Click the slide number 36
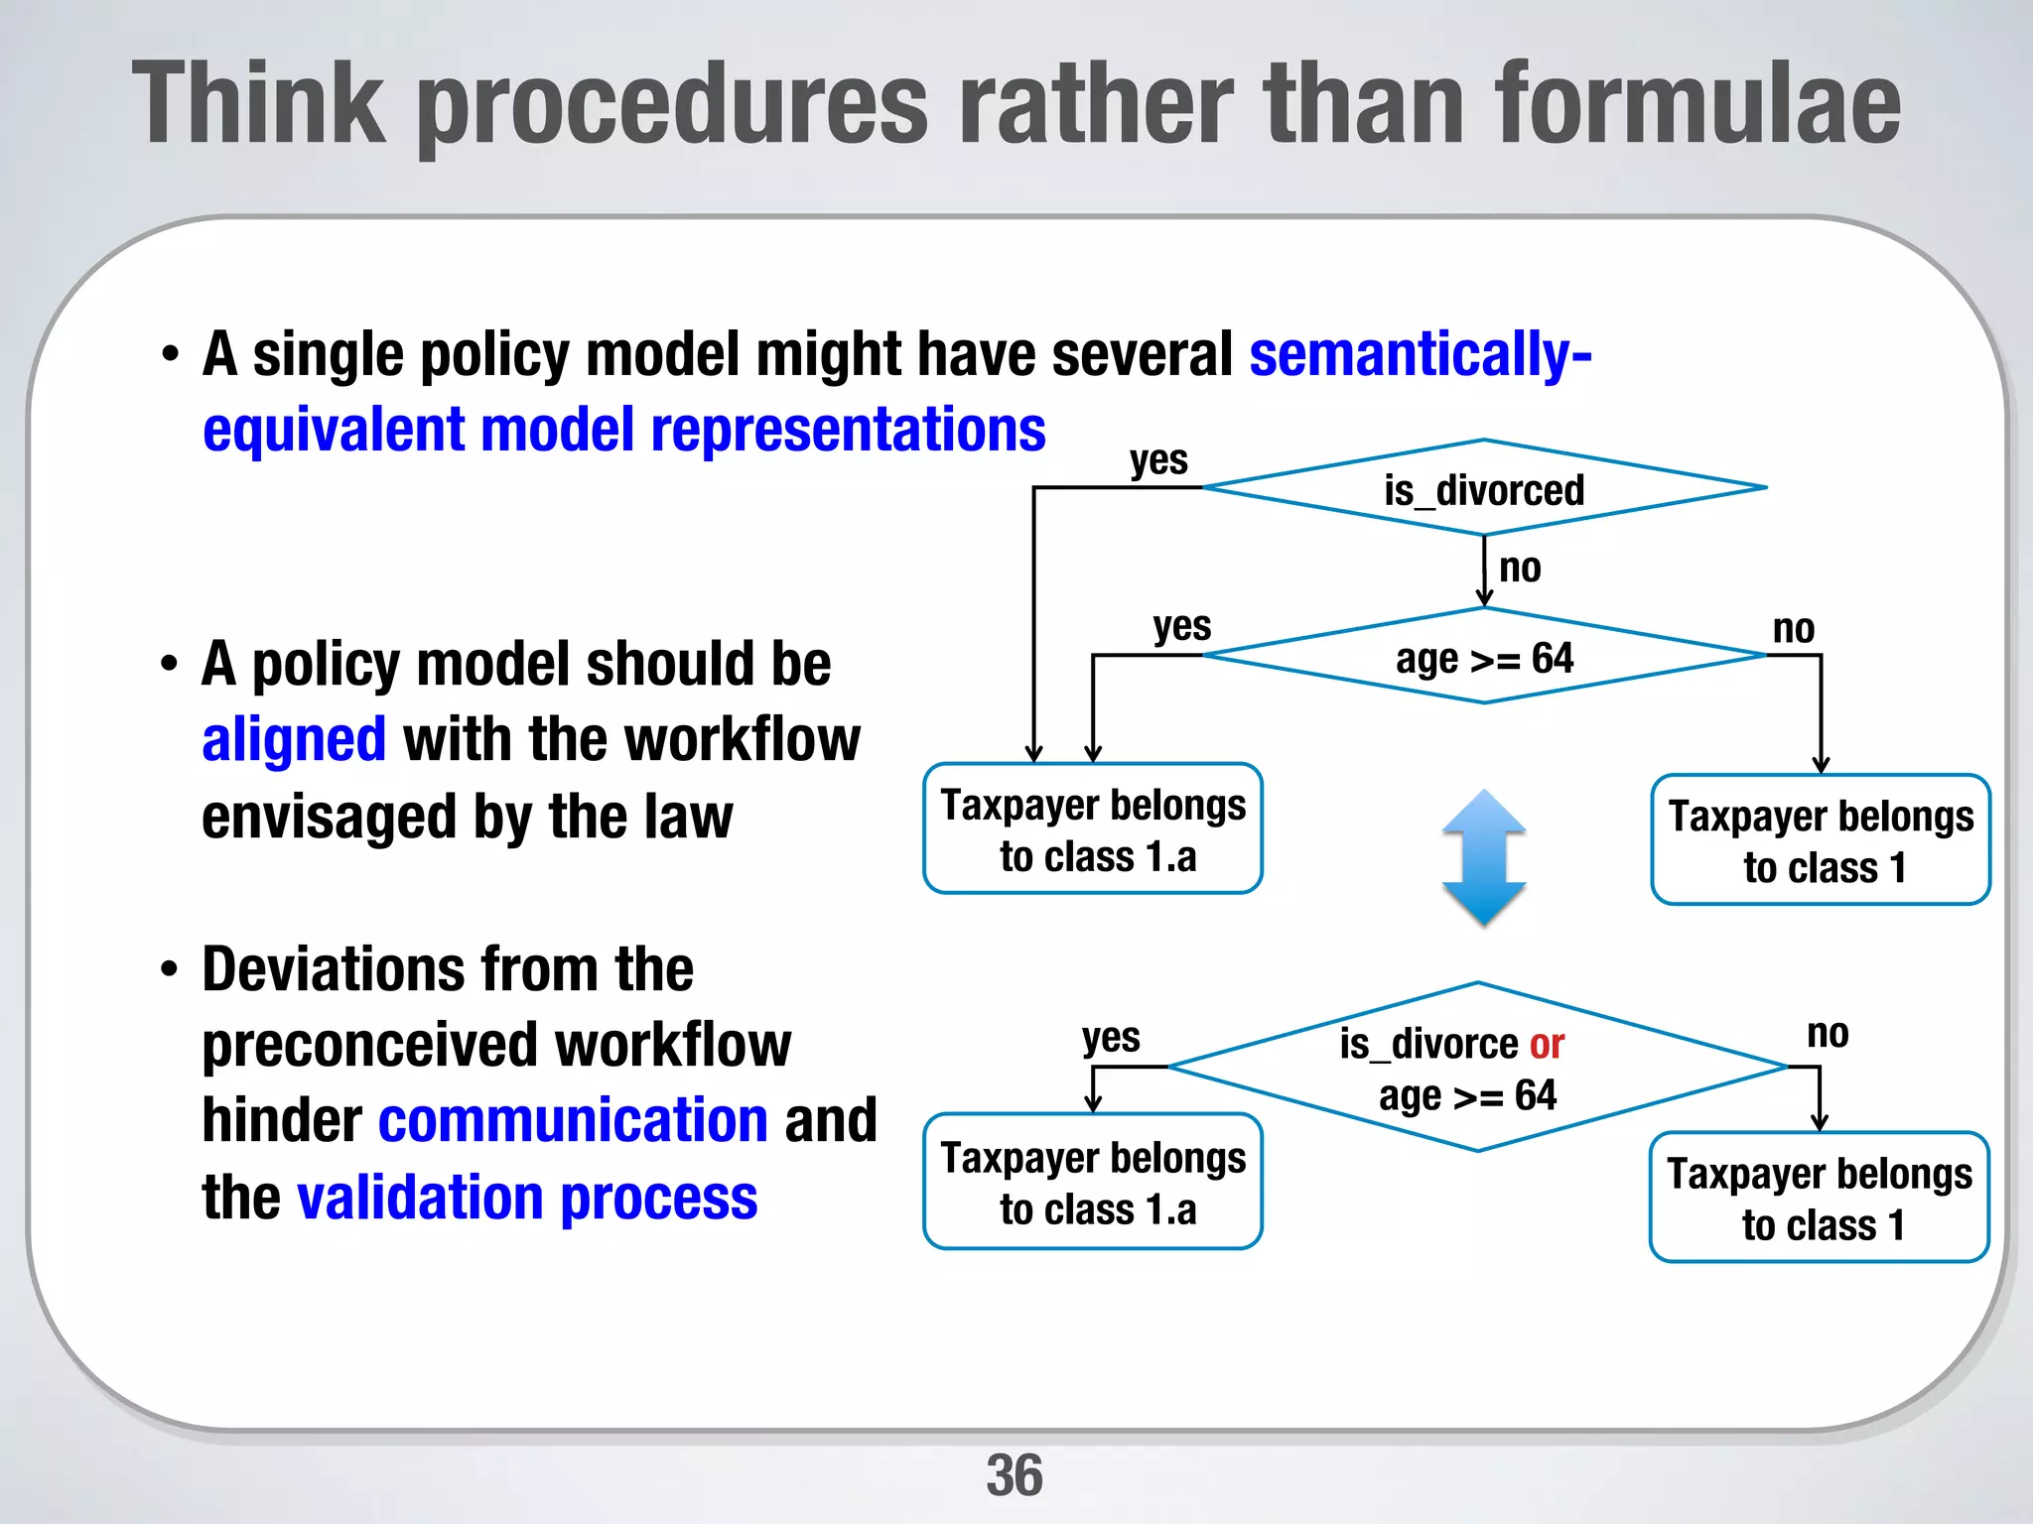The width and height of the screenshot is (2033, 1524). click(1014, 1474)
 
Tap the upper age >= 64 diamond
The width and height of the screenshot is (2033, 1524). click(1483, 658)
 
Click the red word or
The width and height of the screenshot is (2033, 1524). click(1547, 1044)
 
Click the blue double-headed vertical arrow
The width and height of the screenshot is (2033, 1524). click(1483, 857)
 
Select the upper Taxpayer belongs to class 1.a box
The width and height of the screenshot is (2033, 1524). click(1093, 829)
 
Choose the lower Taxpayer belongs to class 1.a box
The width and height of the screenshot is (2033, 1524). click(1093, 1182)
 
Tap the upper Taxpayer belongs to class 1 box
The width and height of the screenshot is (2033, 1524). click(1821, 840)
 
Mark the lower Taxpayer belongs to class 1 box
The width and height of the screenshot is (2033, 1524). click(1819, 1198)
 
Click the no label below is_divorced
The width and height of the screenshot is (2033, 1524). click(1520, 569)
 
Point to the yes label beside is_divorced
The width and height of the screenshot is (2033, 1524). click(1158, 460)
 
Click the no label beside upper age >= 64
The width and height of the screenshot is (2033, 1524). click(1793, 629)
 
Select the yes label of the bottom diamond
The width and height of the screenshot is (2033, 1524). click(1111, 1038)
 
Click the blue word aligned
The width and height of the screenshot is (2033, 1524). click(294, 740)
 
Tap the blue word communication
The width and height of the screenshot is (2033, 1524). click(573, 1121)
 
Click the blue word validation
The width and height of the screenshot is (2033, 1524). click(419, 1198)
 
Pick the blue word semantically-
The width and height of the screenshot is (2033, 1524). click(1420, 355)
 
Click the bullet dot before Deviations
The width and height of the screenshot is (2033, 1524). click(170, 970)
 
